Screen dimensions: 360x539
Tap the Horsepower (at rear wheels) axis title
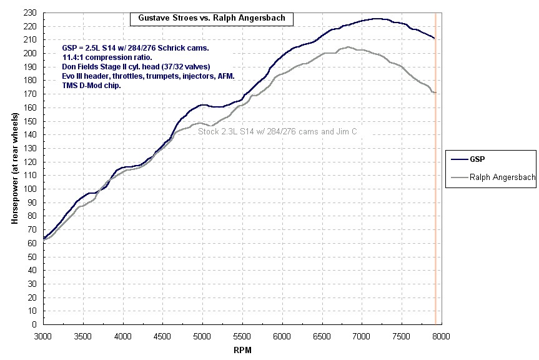click(14, 169)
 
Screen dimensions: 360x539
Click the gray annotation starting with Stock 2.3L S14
click(277, 132)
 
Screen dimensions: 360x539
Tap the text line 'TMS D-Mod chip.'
click(92, 85)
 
